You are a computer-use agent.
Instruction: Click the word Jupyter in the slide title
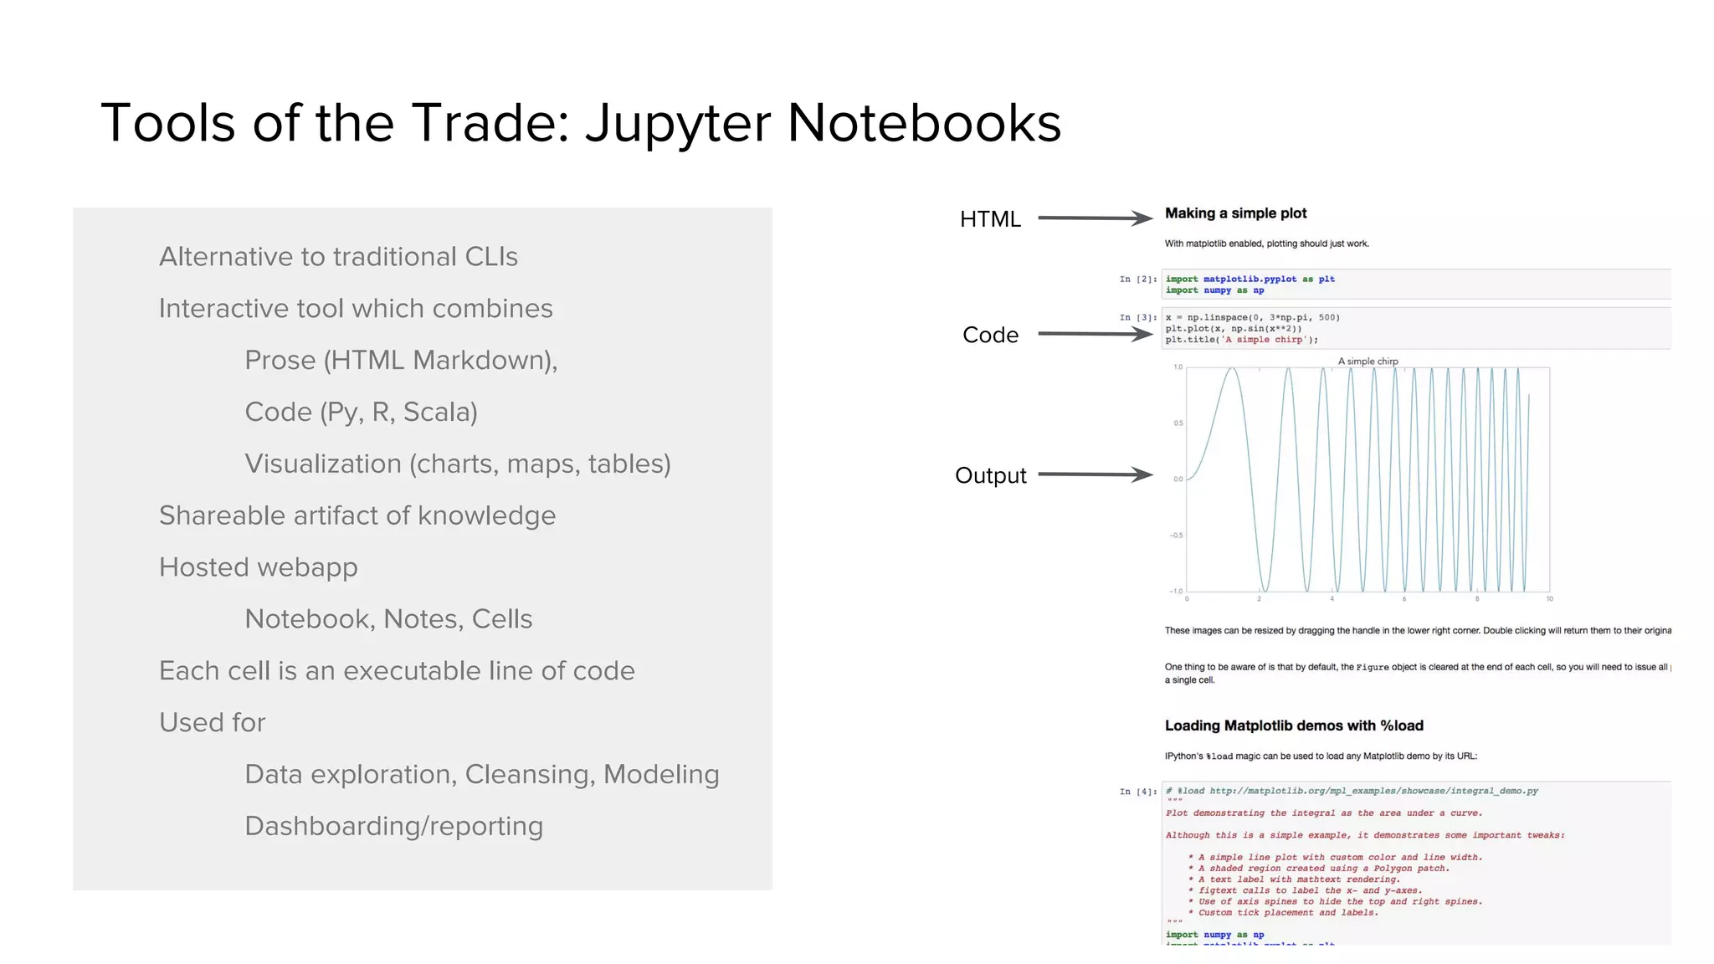(x=677, y=124)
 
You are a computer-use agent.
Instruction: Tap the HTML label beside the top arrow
(x=990, y=219)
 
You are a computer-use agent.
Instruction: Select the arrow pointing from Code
(x=1095, y=334)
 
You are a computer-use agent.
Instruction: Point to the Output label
(x=990, y=475)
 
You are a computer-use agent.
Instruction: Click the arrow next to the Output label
(x=1095, y=474)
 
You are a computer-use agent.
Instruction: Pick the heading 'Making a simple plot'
(x=1235, y=213)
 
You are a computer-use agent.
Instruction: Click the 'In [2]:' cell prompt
(x=1137, y=279)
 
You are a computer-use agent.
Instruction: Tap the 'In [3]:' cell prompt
(x=1137, y=318)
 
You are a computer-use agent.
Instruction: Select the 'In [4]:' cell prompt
(x=1137, y=792)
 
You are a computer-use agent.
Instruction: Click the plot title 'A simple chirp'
(x=1368, y=361)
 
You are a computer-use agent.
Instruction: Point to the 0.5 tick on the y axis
(x=1178, y=423)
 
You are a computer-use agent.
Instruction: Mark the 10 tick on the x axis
(x=1549, y=599)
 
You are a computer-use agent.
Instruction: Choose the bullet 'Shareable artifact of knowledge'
(x=357, y=515)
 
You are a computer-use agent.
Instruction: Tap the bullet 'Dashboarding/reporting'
(x=393, y=826)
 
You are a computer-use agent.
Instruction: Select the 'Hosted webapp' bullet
(x=258, y=567)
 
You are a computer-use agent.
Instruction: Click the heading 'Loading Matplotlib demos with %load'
(x=1293, y=726)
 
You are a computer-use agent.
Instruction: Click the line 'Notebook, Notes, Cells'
(x=388, y=619)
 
